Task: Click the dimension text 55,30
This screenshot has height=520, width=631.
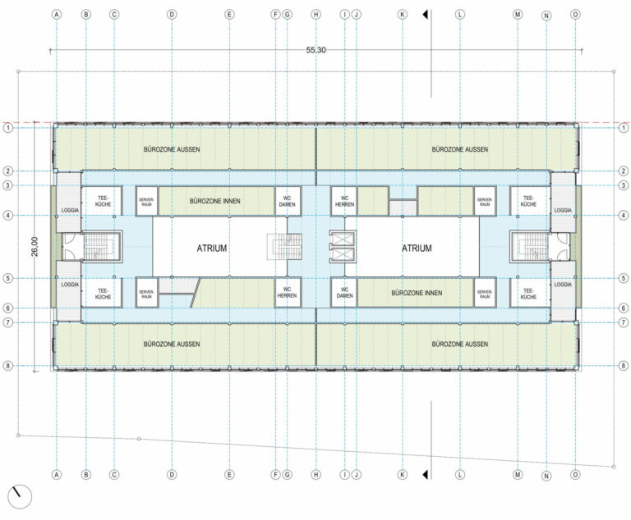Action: click(x=316, y=50)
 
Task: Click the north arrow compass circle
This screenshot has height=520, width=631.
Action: click(x=19, y=496)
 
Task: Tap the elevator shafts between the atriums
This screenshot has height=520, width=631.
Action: click(x=339, y=247)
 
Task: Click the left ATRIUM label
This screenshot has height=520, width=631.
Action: click(x=211, y=247)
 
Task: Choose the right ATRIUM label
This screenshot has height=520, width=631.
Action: click(x=417, y=247)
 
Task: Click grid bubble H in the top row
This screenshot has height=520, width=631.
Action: click(x=315, y=15)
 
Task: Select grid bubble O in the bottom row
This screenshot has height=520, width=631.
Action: click(x=574, y=474)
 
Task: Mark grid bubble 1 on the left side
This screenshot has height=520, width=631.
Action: click(x=7, y=128)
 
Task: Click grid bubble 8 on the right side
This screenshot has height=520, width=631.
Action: click(x=623, y=365)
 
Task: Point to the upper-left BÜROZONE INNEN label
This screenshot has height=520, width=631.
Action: click(x=214, y=200)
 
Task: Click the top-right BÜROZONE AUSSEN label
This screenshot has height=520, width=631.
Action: click(x=461, y=149)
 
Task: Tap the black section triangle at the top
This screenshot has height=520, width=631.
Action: click(x=426, y=15)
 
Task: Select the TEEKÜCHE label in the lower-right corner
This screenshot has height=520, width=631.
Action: click(x=527, y=293)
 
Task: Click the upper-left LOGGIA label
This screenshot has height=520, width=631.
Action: click(x=68, y=211)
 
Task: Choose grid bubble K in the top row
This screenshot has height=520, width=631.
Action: click(x=402, y=15)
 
